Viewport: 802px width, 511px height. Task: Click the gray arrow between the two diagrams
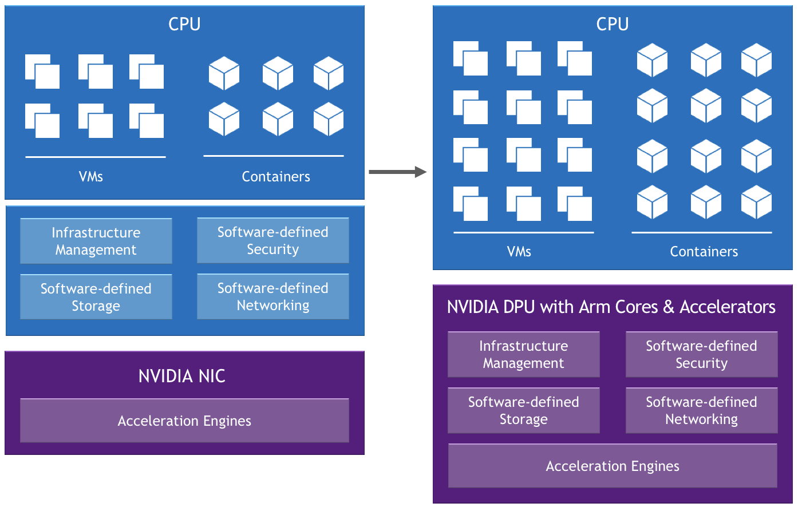pyautogui.click(x=397, y=172)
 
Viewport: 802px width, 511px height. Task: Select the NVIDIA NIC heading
pyautogui.click(x=182, y=376)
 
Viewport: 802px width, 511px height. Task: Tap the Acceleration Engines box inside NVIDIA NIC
pyautogui.click(x=184, y=421)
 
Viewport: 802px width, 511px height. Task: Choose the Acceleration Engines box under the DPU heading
pyautogui.click(x=613, y=466)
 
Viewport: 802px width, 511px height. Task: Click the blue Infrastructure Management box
pyautogui.click(x=96, y=241)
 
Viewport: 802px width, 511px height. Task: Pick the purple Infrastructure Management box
pyautogui.click(x=523, y=354)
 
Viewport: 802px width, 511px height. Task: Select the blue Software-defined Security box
pyautogui.click(x=273, y=240)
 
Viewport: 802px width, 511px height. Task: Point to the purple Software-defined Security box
pyautogui.click(x=701, y=354)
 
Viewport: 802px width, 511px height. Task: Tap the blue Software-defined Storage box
pyautogui.click(x=96, y=297)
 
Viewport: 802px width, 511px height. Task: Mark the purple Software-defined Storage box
pyautogui.click(x=523, y=410)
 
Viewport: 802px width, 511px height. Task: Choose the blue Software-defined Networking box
pyautogui.click(x=273, y=296)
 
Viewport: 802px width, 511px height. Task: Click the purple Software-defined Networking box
pyautogui.click(x=701, y=410)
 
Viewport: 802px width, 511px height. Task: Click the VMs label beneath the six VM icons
pyautogui.click(x=91, y=176)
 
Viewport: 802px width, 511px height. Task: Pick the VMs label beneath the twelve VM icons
pyautogui.click(x=519, y=251)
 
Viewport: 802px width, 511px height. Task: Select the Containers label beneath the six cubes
pyautogui.click(x=276, y=176)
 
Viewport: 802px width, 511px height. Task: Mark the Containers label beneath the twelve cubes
pyautogui.click(x=704, y=251)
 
